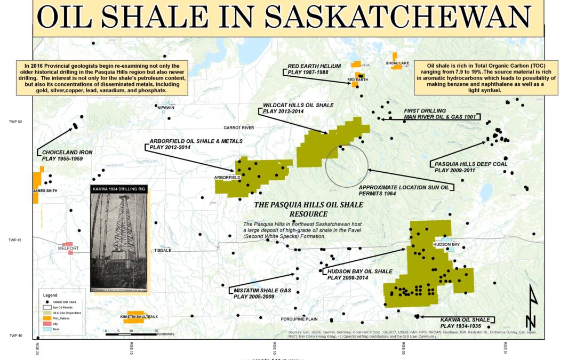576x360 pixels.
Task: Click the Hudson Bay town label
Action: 446,244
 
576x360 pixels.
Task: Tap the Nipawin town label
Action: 166,107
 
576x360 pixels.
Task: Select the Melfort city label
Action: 68,249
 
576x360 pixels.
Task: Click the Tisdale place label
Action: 163,250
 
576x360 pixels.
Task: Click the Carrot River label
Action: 238,128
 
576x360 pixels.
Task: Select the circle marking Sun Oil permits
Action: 347,165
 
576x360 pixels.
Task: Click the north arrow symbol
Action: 531,309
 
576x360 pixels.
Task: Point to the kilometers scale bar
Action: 131,334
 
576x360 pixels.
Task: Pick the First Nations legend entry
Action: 62,318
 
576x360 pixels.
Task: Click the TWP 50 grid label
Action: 15,122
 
